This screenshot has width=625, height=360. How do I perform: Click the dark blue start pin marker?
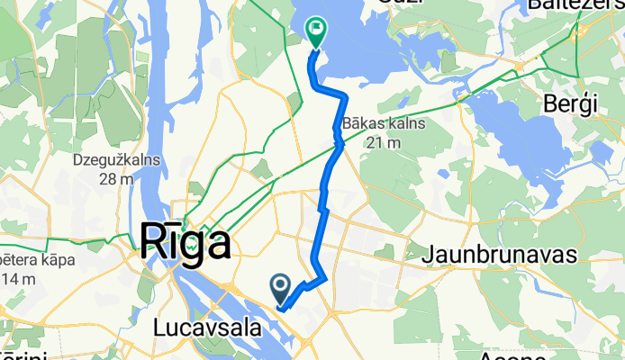coord(280,288)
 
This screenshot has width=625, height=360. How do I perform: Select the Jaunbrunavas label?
coord(504,255)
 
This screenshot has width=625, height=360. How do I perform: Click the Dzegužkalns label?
coord(119,160)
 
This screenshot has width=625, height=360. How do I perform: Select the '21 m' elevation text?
coord(382,143)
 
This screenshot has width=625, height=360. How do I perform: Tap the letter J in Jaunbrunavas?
coord(438,255)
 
